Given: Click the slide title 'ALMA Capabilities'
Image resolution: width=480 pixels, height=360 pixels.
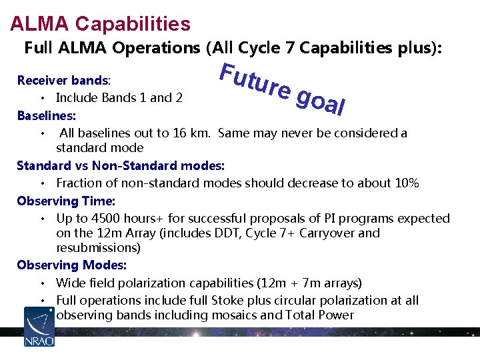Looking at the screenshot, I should [x=100, y=24].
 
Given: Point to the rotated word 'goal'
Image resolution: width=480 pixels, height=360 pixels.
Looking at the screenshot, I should [x=319, y=101].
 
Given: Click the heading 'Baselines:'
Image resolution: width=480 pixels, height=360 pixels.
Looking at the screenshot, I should [x=46, y=115].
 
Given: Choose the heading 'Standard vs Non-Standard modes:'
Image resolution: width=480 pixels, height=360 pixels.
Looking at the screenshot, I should [x=121, y=165].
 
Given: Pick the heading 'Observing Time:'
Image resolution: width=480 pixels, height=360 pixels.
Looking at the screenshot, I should [x=66, y=201].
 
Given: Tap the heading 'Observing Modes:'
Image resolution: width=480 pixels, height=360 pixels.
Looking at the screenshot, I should [x=71, y=265].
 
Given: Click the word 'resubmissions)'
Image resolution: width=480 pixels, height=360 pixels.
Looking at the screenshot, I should [x=98, y=248].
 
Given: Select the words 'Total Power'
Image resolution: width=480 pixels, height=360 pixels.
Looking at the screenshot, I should [x=321, y=315].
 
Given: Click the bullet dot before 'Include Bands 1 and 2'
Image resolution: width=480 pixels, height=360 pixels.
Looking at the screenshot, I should [x=43, y=98].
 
